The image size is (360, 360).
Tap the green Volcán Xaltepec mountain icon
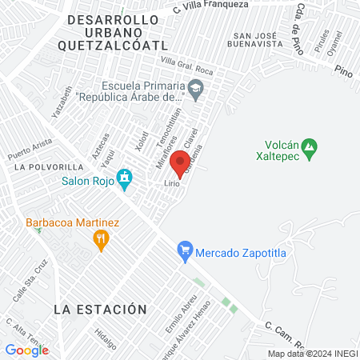click(311, 146)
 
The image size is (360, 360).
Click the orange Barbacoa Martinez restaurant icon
click(101, 238)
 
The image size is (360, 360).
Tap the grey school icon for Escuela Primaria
click(198, 87)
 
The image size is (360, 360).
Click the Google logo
click(27, 350)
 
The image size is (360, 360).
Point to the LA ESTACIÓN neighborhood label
click(101, 309)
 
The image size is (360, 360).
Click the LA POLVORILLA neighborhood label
click(48, 166)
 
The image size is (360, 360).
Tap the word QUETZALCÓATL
click(117, 46)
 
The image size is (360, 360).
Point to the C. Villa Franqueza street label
click(209, 7)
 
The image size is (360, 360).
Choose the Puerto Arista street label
click(29, 148)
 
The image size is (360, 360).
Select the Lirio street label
click(170, 183)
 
